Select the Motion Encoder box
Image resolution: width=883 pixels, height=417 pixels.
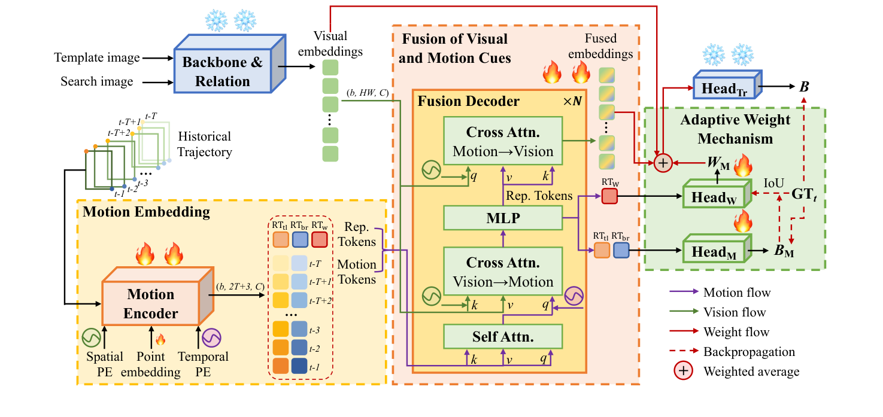point(151,304)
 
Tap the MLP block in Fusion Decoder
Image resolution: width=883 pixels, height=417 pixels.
point(503,218)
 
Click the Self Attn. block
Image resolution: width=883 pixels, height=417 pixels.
point(503,336)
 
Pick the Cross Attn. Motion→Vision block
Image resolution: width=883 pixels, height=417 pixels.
point(503,141)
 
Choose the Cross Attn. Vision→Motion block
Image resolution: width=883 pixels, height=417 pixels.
point(503,272)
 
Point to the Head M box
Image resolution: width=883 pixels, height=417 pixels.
point(714,252)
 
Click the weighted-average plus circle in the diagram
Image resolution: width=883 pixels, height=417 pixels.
point(662,162)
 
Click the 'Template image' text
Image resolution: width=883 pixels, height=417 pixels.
point(97,58)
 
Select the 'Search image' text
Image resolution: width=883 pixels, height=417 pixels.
point(97,81)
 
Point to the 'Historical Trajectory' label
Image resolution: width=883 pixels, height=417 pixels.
point(205,145)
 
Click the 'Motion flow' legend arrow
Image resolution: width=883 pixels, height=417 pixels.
point(684,293)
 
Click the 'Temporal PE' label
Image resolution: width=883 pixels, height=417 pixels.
point(204,364)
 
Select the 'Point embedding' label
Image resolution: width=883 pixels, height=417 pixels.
point(151,364)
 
